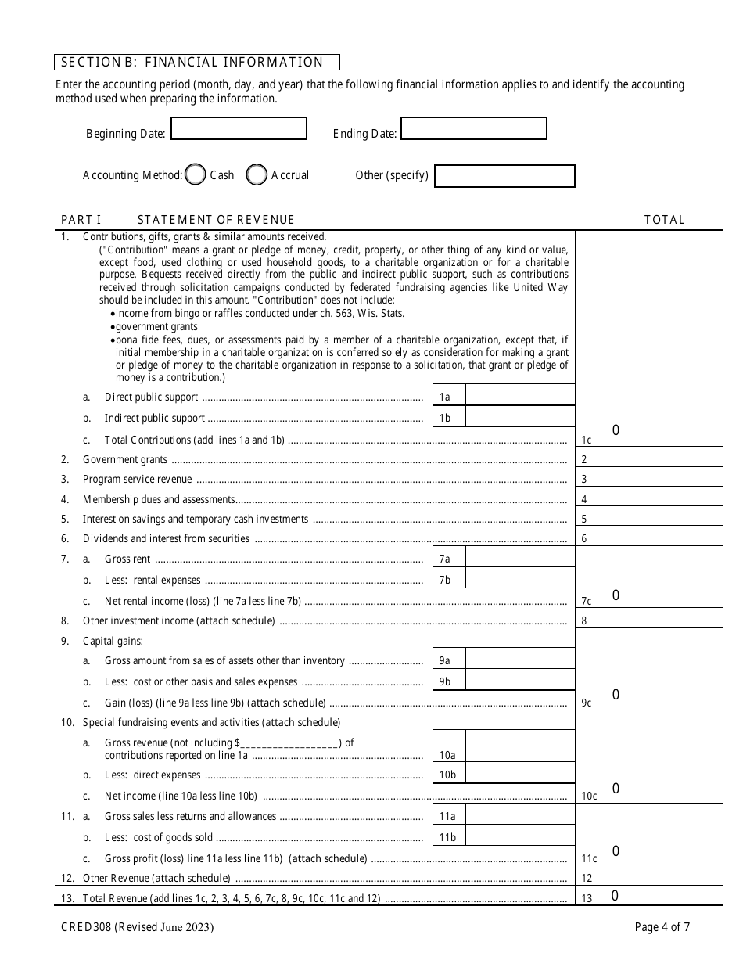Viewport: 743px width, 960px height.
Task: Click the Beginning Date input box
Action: [x=239, y=129]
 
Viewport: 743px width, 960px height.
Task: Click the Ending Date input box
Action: [x=473, y=129]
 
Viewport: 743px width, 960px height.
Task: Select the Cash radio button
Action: [x=196, y=175]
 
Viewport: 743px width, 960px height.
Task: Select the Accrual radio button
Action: [x=257, y=175]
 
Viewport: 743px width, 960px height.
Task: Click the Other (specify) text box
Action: [x=504, y=176]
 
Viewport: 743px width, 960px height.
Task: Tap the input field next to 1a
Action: [x=519, y=396]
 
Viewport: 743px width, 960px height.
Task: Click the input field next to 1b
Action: [x=519, y=418]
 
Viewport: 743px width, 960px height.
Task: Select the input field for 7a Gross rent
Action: [x=519, y=558]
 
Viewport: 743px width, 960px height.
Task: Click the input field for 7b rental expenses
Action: [x=519, y=579]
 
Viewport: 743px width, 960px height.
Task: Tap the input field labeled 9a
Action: [x=519, y=660]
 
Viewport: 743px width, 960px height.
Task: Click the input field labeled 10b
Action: [x=519, y=774]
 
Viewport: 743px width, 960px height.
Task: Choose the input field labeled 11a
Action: [x=519, y=815]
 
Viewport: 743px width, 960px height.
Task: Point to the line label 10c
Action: [x=590, y=796]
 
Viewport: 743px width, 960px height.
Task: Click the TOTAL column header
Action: [x=664, y=220]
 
